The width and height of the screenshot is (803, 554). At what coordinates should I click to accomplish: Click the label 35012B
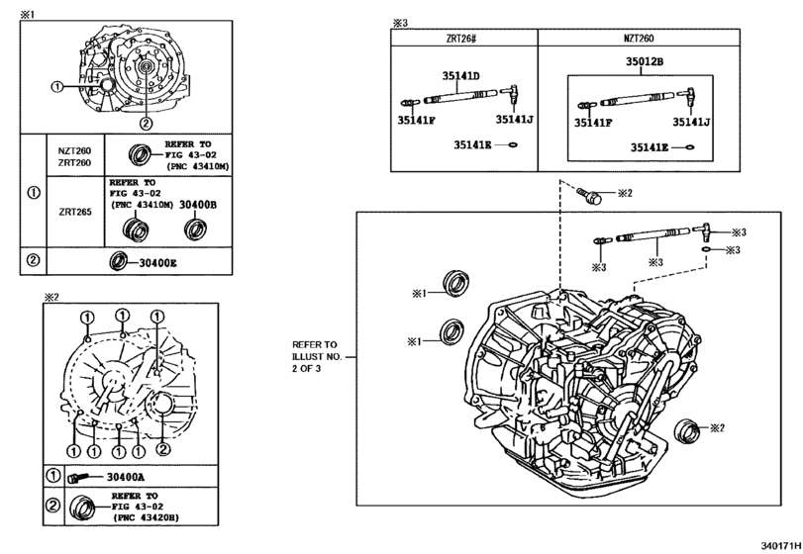point(644,61)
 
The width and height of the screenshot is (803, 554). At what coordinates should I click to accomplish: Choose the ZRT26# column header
point(463,38)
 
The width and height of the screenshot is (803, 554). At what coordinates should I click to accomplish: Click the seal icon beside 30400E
point(118,261)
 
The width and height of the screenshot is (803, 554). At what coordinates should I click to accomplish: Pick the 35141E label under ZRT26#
point(473,144)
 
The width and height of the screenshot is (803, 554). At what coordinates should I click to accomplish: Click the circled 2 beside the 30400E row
point(32,261)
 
